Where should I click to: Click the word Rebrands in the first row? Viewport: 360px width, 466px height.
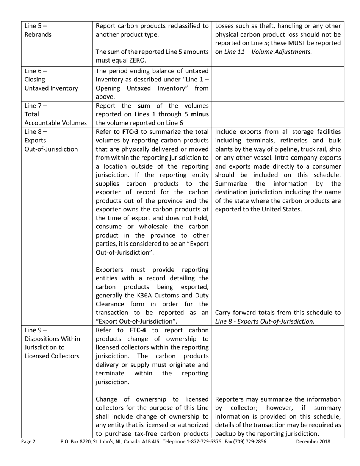coord(38,35)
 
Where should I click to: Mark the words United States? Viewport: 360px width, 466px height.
coord(280,209)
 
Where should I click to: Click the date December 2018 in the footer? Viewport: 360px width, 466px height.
coord(313,441)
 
